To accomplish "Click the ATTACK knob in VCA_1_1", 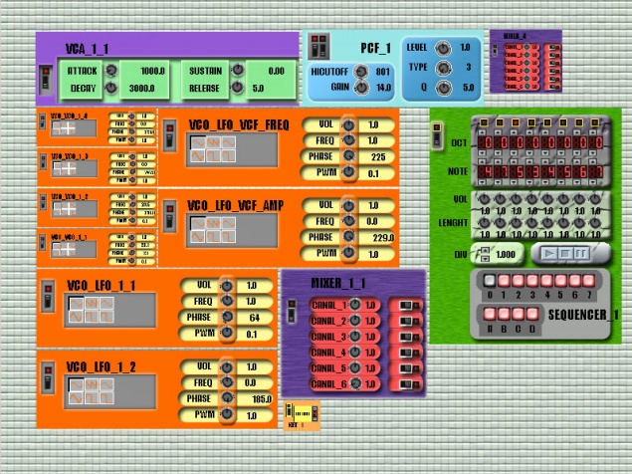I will (x=111, y=72).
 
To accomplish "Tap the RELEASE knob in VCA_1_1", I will (x=238, y=89).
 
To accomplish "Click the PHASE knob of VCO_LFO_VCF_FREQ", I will (x=348, y=157).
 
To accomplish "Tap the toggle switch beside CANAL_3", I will (x=407, y=337).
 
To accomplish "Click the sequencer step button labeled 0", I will (x=490, y=282).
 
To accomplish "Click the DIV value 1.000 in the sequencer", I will (x=505, y=254).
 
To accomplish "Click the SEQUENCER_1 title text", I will (x=583, y=315).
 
